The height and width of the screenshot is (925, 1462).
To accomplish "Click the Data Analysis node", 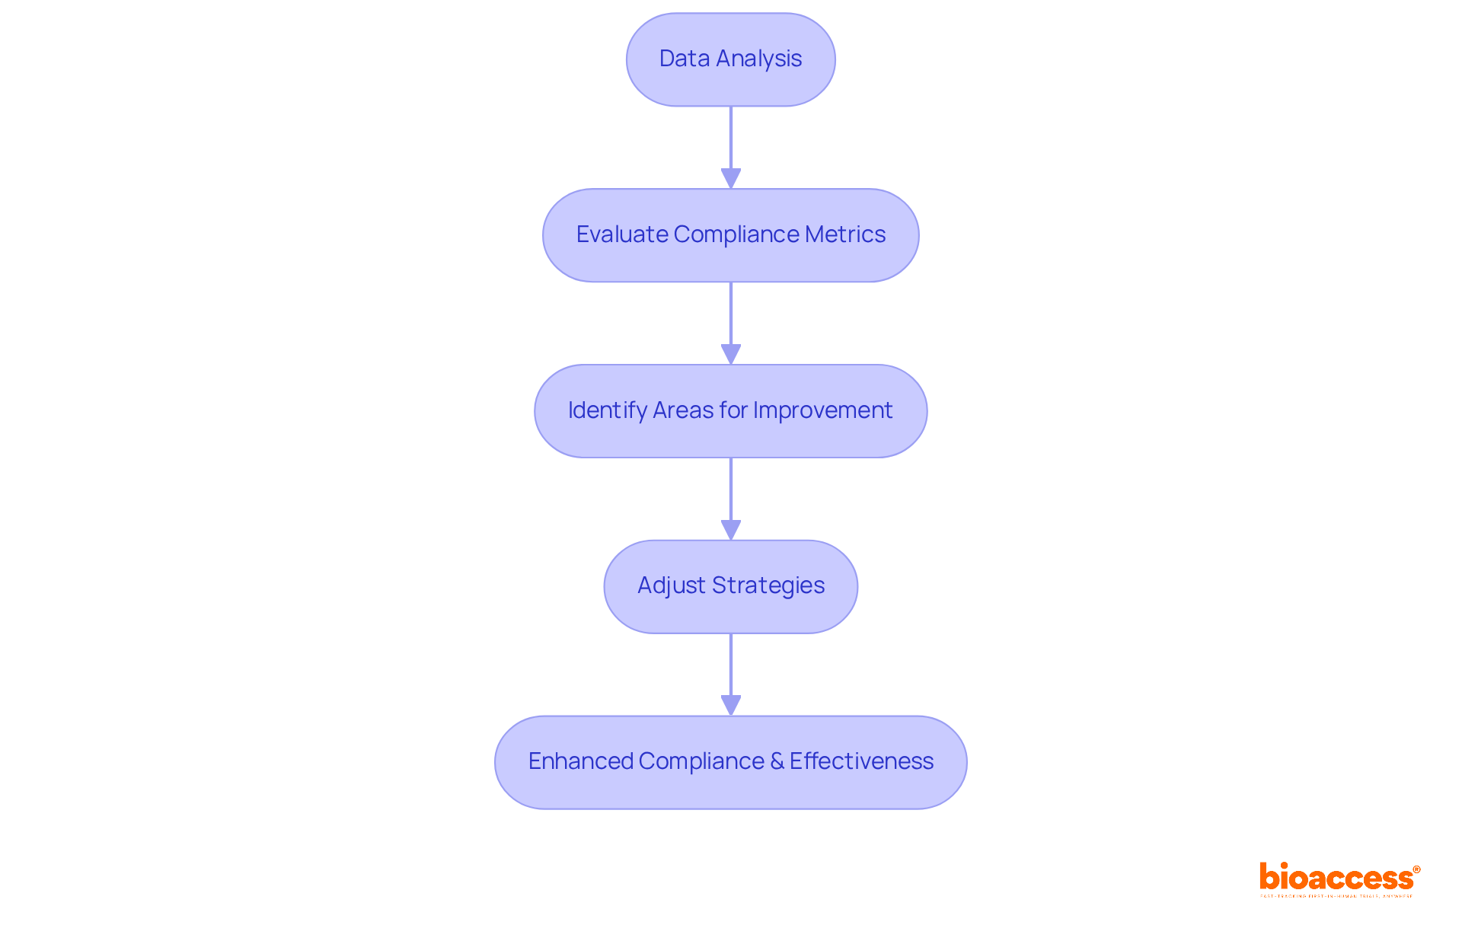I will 730,59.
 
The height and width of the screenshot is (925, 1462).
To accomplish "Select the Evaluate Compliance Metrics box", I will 730,235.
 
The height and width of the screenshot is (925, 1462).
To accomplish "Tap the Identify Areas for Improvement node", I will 730,411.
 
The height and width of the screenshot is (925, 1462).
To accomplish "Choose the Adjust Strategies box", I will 730,586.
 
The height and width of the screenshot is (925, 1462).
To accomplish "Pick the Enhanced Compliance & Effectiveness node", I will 730,762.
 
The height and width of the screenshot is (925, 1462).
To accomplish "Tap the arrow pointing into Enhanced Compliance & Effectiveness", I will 731,674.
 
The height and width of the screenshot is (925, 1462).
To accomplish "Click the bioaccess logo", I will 1336,879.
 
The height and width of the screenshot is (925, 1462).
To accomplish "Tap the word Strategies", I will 768,585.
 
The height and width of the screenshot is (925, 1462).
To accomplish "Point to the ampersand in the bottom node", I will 777,761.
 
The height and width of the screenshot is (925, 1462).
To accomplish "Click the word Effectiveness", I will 861,761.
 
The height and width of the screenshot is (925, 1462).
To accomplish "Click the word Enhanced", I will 580,761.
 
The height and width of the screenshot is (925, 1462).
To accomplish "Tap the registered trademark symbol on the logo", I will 1416,869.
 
